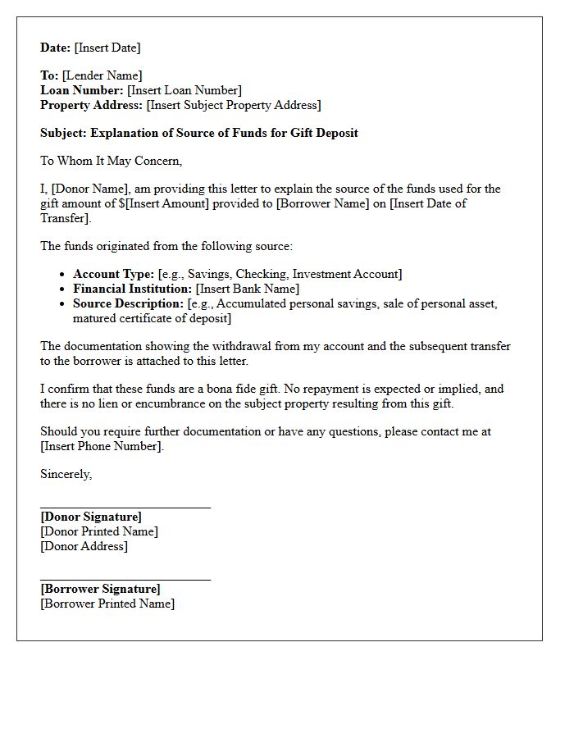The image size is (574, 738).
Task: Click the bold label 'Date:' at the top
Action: (56, 48)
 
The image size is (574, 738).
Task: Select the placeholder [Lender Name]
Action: (102, 75)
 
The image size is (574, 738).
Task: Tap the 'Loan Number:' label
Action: (82, 90)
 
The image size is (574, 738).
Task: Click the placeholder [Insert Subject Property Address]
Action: (234, 105)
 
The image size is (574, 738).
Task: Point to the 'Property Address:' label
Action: (91, 105)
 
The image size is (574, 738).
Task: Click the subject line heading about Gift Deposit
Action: (199, 133)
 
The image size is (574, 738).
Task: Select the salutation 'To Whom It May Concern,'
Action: (111, 161)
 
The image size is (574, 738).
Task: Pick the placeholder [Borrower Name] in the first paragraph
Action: (324, 203)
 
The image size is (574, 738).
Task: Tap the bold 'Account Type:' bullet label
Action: (113, 274)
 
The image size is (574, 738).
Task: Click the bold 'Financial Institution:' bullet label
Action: (132, 289)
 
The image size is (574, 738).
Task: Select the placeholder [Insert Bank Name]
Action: (248, 289)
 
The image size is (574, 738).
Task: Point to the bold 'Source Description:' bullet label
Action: (128, 303)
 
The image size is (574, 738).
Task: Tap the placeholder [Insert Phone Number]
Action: (101, 446)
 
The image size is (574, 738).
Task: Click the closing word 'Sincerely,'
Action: (66, 474)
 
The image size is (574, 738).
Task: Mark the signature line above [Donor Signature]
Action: (125, 508)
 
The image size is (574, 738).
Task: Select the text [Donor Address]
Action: (84, 546)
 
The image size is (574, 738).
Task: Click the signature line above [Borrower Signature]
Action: (125, 580)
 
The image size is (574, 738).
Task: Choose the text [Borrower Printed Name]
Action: (107, 604)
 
